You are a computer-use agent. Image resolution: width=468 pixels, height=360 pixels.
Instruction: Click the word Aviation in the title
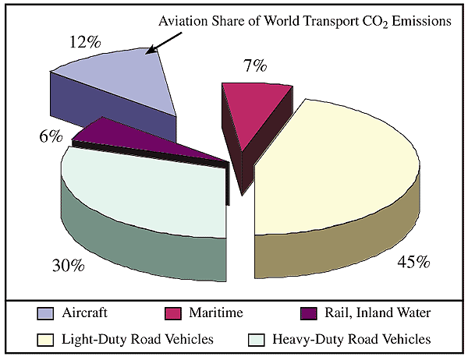[183, 21]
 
